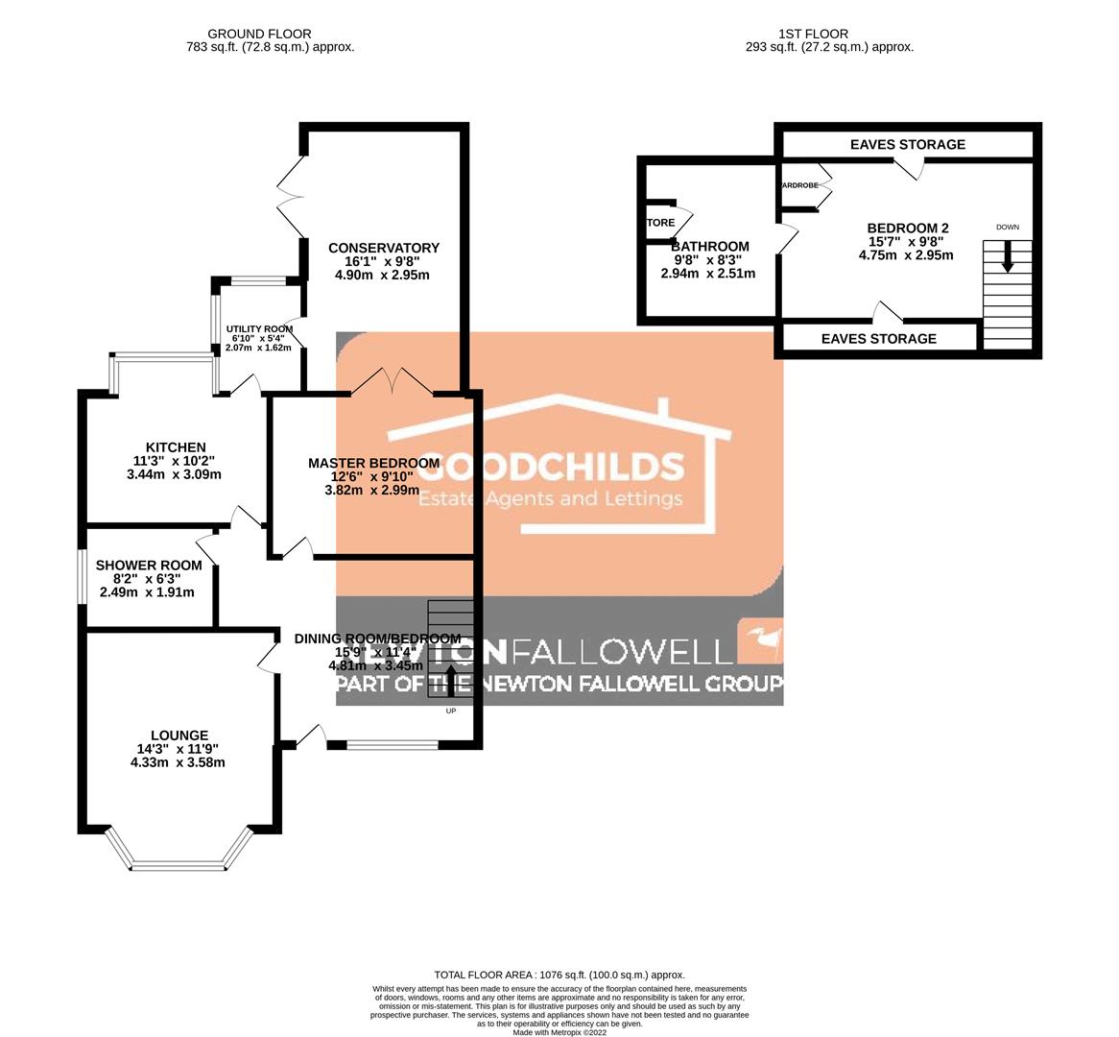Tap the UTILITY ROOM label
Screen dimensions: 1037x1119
(x=259, y=328)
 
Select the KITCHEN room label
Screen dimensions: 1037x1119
(x=175, y=447)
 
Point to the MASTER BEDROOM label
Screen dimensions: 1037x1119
(x=373, y=463)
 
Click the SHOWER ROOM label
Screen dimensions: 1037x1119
(x=149, y=566)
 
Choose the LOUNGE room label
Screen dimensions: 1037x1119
(x=179, y=736)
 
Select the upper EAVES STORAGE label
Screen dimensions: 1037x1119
(x=907, y=145)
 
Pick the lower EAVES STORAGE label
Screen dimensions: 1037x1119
(x=878, y=339)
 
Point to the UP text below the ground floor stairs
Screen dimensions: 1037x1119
(x=450, y=711)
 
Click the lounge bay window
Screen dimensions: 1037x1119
(x=179, y=864)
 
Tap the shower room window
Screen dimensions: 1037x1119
(x=81, y=576)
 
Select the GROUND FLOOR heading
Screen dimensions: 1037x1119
(x=259, y=34)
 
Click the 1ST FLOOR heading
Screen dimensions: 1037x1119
(x=829, y=34)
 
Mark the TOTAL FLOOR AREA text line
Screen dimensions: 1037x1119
(x=559, y=975)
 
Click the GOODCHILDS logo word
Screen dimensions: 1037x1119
(x=552, y=467)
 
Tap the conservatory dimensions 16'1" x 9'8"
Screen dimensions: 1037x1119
(x=382, y=261)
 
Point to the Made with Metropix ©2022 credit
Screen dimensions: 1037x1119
(x=559, y=1032)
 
